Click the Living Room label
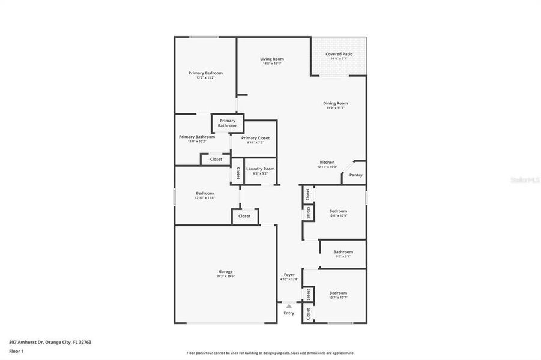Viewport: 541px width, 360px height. (x=272, y=59)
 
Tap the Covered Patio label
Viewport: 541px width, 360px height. (x=339, y=54)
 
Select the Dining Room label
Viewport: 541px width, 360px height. (x=337, y=103)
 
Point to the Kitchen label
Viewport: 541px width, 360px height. (x=327, y=162)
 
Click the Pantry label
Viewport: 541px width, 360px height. (x=356, y=175)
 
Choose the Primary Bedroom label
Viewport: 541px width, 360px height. (x=201, y=73)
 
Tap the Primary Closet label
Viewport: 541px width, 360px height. (x=256, y=138)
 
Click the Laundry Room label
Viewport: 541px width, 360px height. (x=261, y=169)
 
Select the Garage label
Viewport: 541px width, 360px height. (x=225, y=271)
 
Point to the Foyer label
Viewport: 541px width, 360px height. (x=289, y=274)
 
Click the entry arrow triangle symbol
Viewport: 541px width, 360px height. (x=289, y=306)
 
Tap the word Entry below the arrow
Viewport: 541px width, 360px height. (x=289, y=313)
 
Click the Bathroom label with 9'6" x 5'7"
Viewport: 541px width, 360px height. (x=343, y=252)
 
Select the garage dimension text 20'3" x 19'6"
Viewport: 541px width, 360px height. (x=225, y=277)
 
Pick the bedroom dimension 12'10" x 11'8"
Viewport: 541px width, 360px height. (x=205, y=198)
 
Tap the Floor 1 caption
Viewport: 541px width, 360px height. (x=17, y=352)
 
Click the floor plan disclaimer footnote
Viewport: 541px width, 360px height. (x=270, y=353)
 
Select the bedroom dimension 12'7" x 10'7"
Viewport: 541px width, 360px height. (x=338, y=298)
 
